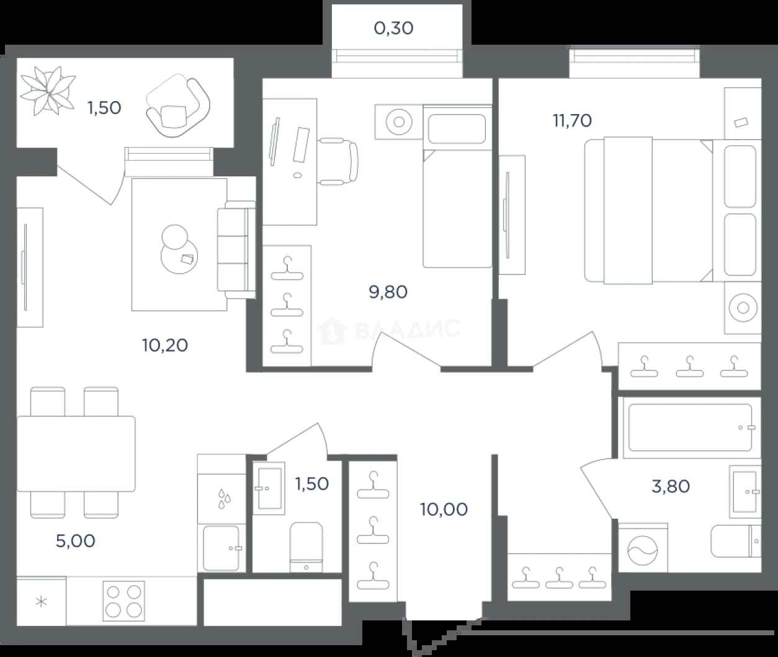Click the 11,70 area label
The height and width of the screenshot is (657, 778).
click(x=572, y=121)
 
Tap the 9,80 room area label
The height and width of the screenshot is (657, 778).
click(x=388, y=292)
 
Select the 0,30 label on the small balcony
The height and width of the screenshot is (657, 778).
click(x=393, y=29)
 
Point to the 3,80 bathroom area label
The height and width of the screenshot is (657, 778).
click(x=670, y=486)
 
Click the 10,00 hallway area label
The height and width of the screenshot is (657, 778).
click(x=444, y=509)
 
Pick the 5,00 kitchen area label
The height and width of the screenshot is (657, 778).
click(x=75, y=541)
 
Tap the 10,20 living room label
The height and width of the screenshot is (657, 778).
click(x=164, y=346)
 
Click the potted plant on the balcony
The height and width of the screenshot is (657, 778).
click(x=48, y=91)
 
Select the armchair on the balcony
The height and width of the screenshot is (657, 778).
click(x=177, y=106)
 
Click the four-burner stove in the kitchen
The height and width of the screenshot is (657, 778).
click(x=123, y=601)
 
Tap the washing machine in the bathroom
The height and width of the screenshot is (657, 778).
click(x=643, y=548)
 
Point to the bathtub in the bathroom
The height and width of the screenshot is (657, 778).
click(x=690, y=428)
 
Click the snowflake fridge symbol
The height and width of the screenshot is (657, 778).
click(x=42, y=602)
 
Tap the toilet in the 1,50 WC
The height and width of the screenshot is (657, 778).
click(x=306, y=547)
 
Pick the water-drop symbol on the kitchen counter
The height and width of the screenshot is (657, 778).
click(x=225, y=499)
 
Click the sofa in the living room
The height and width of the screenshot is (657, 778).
click(x=236, y=249)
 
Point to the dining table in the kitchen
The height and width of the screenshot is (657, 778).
click(x=76, y=454)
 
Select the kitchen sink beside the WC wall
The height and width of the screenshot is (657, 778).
click(x=221, y=548)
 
